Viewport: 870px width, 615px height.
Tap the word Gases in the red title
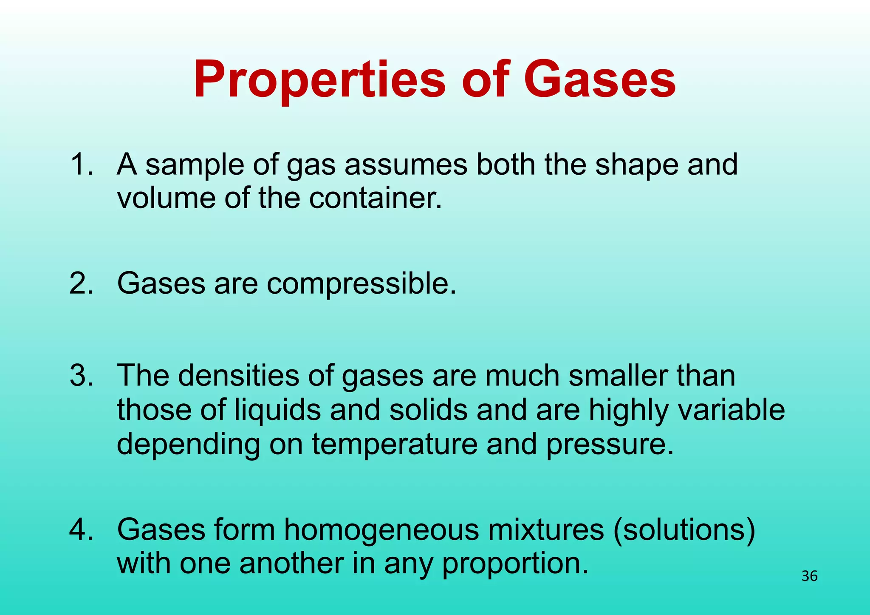(599, 80)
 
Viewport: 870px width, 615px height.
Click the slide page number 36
(809, 576)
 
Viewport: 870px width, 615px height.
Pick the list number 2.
(81, 283)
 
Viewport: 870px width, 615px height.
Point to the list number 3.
(81, 375)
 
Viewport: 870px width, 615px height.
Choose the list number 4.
(81, 530)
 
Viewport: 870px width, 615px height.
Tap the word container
(376, 198)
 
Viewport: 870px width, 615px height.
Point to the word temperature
(395, 444)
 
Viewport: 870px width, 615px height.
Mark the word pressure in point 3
(610, 444)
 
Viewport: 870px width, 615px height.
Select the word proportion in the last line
(515, 564)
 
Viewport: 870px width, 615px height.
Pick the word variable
(731, 410)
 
